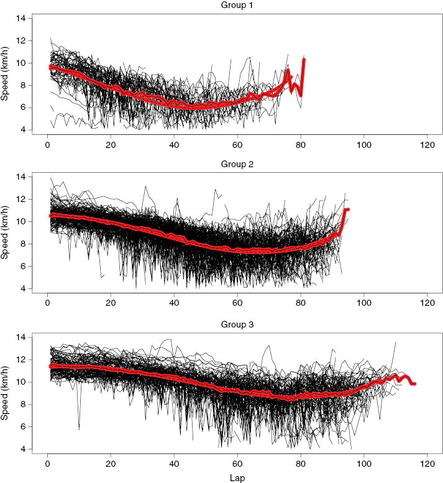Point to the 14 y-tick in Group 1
21,18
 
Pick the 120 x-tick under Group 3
427,463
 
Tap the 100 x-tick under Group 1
363,144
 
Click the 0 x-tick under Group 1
47,144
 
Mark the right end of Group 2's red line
349,209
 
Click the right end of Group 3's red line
414,384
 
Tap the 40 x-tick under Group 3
174,463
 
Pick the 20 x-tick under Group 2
111,303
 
